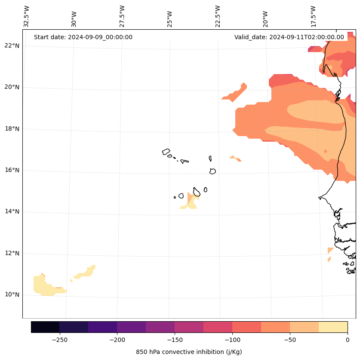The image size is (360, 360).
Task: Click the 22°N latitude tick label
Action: (12, 46)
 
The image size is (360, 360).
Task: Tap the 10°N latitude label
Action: (12, 295)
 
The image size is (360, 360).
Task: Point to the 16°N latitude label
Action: (12, 171)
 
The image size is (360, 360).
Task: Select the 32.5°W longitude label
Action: (27, 16)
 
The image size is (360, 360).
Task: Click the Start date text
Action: (83, 37)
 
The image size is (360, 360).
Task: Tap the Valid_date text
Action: (289, 37)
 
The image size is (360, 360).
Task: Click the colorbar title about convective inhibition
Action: (189, 352)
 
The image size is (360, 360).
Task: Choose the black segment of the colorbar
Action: (45, 327)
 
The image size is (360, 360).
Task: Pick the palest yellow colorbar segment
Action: (333, 327)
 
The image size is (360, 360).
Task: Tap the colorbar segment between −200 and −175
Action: (131, 327)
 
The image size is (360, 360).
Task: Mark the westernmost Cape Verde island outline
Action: (166, 152)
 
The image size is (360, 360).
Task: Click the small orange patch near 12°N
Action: (330, 250)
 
